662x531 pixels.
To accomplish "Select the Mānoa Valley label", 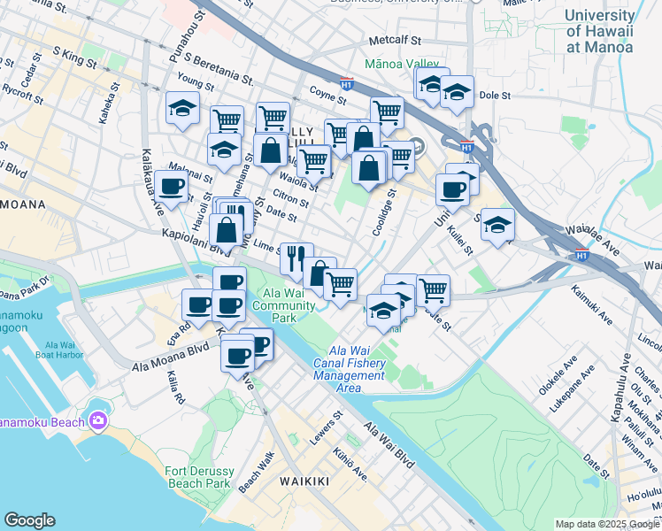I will pos(402,65).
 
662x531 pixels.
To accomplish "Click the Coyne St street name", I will pos(327,91).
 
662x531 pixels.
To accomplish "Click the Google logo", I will pos(29,520).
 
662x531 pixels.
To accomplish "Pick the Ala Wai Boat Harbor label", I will pos(54,349).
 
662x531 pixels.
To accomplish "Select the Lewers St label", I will pos(326,427).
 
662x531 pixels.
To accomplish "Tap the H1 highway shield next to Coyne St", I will pos(347,86).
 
